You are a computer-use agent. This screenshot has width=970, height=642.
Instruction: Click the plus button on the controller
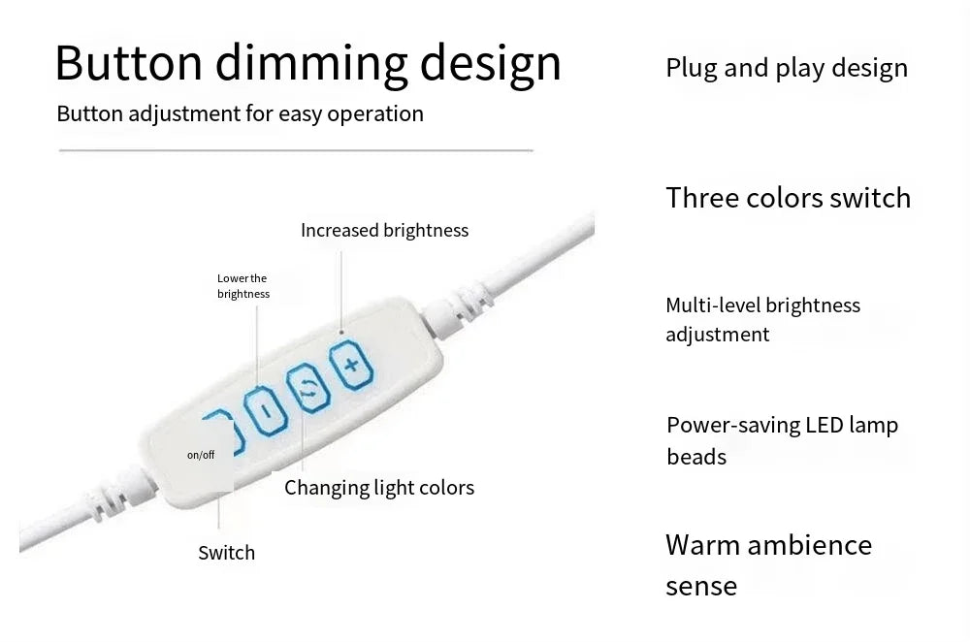click(x=351, y=365)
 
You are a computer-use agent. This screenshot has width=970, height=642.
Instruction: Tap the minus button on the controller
click(x=266, y=409)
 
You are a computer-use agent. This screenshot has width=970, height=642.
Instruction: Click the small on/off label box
click(x=201, y=455)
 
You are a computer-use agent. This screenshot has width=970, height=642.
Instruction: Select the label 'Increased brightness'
click(x=384, y=230)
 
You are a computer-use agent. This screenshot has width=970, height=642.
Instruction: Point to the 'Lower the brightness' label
click(x=243, y=286)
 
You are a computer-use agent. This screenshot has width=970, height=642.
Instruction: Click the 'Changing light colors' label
click(x=379, y=488)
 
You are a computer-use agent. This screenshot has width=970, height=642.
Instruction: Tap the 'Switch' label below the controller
click(x=226, y=553)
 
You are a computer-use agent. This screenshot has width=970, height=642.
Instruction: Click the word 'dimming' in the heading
click(x=311, y=63)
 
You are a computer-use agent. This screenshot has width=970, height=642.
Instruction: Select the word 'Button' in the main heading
click(x=129, y=62)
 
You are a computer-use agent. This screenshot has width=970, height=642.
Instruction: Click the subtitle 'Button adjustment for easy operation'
click(x=240, y=113)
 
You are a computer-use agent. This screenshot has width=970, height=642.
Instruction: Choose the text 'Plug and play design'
click(x=787, y=68)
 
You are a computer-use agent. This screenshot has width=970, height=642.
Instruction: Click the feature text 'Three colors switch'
click(x=788, y=198)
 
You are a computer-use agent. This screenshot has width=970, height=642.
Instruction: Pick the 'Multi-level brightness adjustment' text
click(x=762, y=320)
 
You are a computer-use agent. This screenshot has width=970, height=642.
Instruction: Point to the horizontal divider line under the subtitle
click(x=296, y=150)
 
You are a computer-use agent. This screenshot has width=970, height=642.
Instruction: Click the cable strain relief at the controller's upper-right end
click(x=458, y=309)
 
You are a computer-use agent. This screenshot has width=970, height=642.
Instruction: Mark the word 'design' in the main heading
click(x=491, y=64)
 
